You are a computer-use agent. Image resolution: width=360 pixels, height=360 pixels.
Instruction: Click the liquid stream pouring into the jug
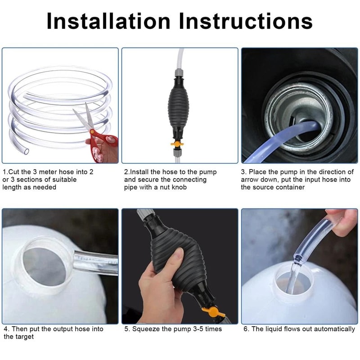coord(294,277)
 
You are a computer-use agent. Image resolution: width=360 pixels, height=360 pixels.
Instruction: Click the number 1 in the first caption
coord(4,172)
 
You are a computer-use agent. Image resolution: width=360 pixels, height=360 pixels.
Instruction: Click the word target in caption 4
coord(28,337)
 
